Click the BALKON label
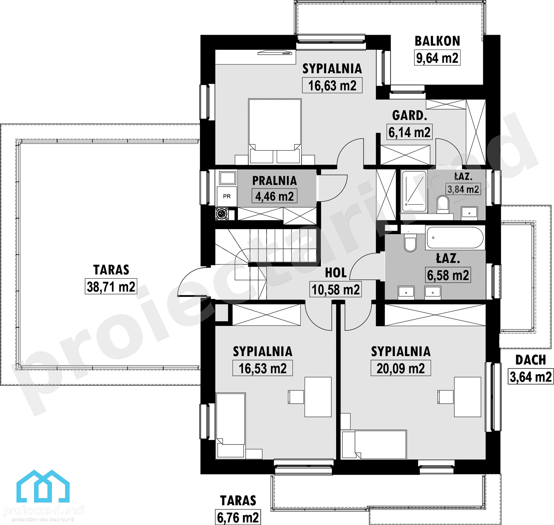(437, 41)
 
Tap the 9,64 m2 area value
(437, 58)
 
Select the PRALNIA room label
(274, 181)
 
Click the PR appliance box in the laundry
(227, 196)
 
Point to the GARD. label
(409, 115)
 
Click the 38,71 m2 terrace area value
(111, 286)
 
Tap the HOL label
(336, 273)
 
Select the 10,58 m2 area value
(335, 289)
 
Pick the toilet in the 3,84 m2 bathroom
(442, 204)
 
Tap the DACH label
(531, 360)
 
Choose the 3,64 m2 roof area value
(531, 377)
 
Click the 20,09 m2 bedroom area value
(401, 368)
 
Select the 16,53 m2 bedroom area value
(262, 368)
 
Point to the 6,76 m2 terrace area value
(238, 517)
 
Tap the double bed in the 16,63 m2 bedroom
(275, 131)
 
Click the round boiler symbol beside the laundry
(222, 214)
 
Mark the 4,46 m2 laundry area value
(274, 196)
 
